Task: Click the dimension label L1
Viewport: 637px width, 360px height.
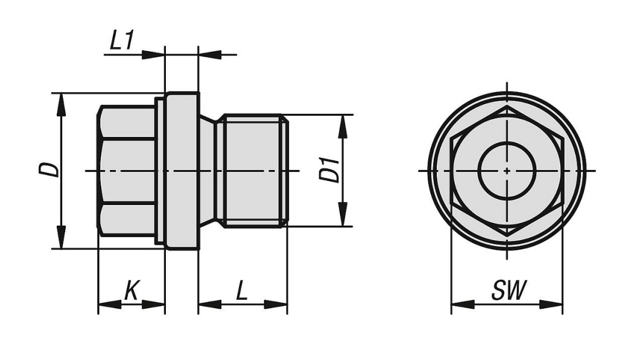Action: point(121,41)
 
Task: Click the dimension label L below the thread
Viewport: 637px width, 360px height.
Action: point(241,291)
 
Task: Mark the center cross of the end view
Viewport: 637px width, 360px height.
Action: point(507,171)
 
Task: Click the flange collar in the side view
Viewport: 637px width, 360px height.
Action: point(181,171)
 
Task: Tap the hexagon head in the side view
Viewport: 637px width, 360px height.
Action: point(127,171)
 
